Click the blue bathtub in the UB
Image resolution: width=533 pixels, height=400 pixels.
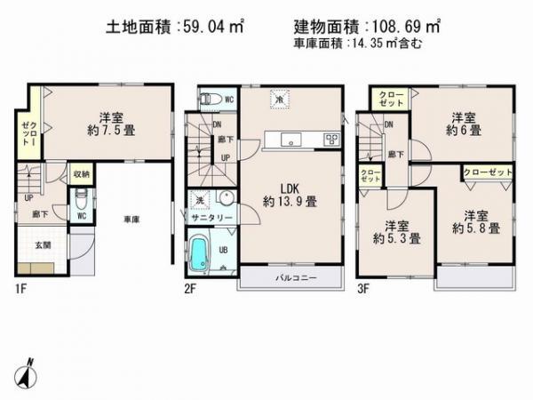tap(203, 250)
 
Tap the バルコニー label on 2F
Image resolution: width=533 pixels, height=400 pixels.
tap(290, 277)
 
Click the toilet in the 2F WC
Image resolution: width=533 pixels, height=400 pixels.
tap(207, 100)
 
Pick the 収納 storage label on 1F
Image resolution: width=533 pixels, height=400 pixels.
tap(81, 175)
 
